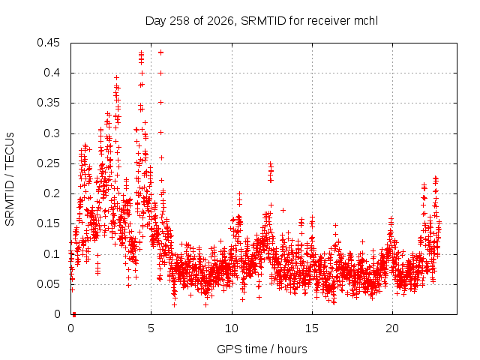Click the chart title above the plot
pyautogui.click(x=262, y=21)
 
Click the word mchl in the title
pyautogui.click(x=366, y=21)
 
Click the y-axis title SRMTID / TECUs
pyautogui.click(x=10, y=179)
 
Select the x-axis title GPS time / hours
pyautogui.click(x=262, y=349)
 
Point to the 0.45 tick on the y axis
pyautogui.click(x=48, y=43)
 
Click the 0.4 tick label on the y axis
pyautogui.click(x=52, y=73)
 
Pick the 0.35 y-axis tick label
pyautogui.click(x=48, y=103)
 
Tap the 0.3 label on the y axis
pyautogui.click(x=52, y=133)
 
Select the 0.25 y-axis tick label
pyautogui.click(x=48, y=163)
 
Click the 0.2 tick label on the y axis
pyautogui.click(x=52, y=193)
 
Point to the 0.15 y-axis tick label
pyautogui.click(x=48, y=223)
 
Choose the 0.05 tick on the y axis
pyautogui.click(x=48, y=284)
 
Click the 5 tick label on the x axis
pyautogui.click(x=151, y=328)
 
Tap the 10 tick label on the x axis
pyautogui.click(x=232, y=328)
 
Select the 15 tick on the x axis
pyautogui.click(x=312, y=328)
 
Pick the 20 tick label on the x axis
pyautogui.click(x=392, y=328)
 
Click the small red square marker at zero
pyautogui.click(x=74, y=314)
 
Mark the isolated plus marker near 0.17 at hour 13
pyautogui.click(x=283, y=210)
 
